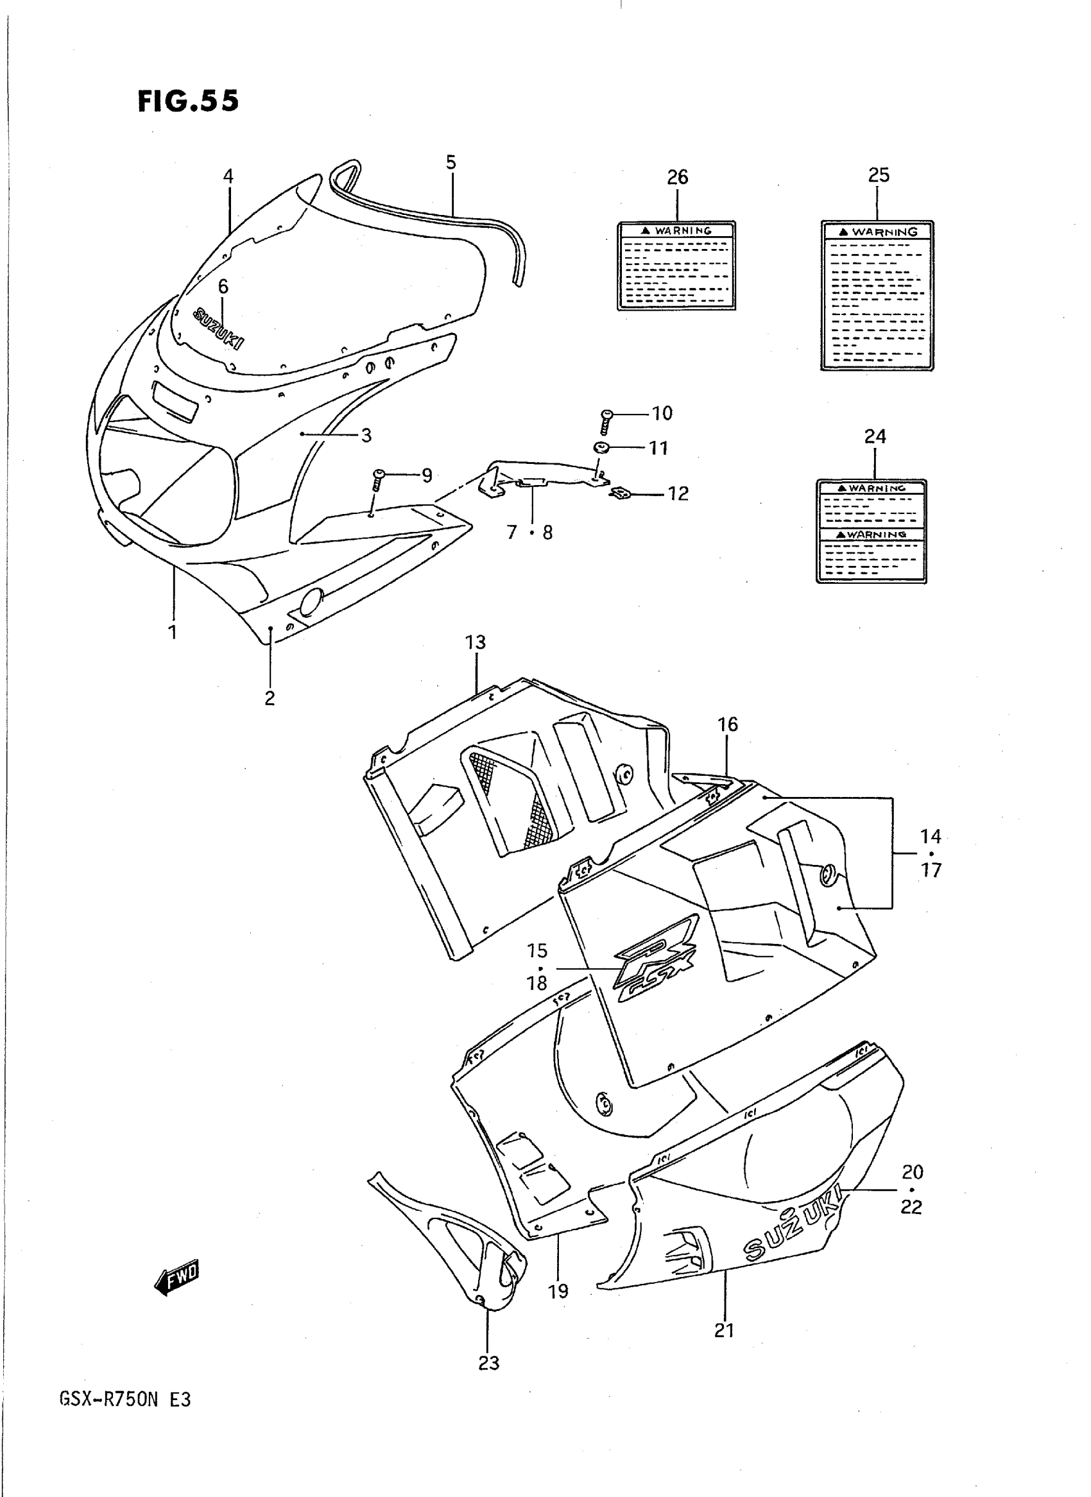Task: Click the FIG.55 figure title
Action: pos(188,101)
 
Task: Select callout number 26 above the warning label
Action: pos(678,177)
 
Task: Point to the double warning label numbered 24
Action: pos(871,531)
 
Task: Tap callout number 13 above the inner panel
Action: pos(476,642)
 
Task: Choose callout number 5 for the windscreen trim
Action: pos(451,162)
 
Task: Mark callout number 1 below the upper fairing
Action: pos(173,632)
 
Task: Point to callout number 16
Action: pos(728,724)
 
